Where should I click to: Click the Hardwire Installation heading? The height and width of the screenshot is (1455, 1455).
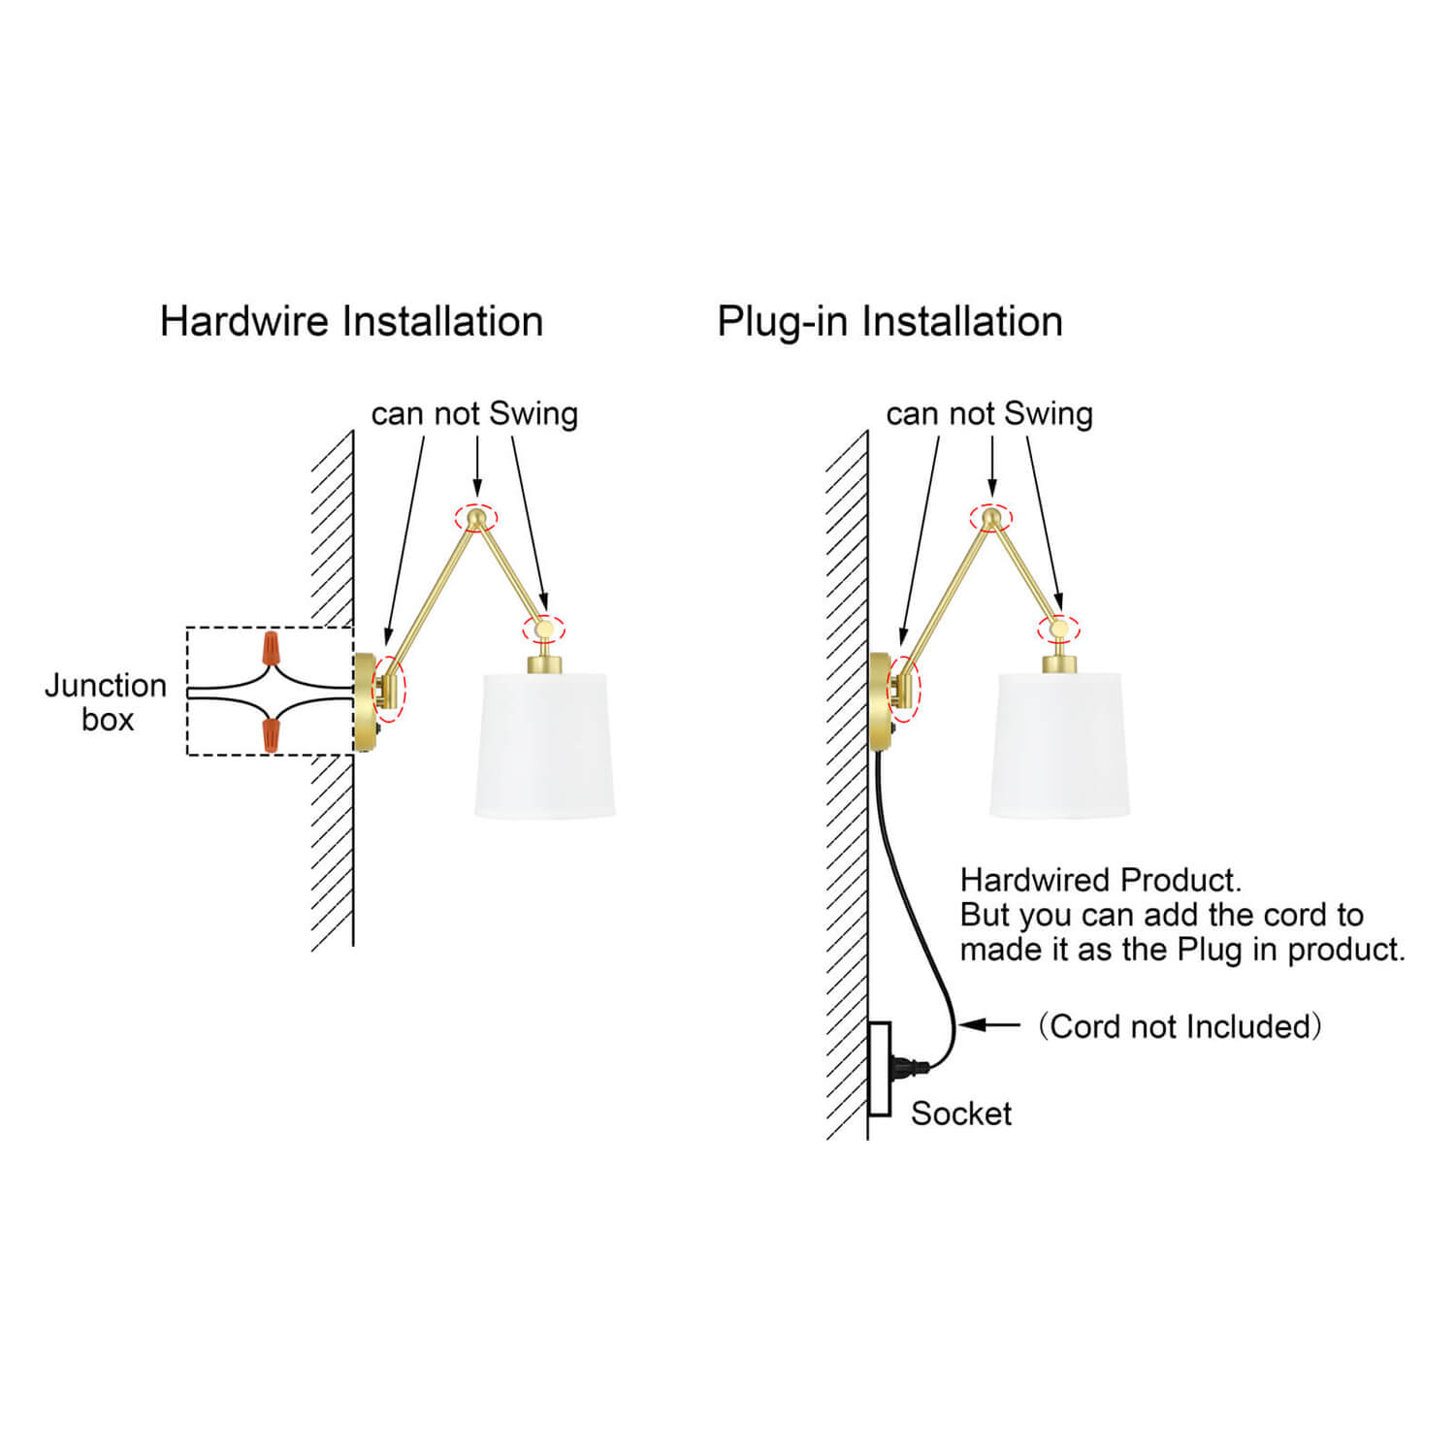[351, 321]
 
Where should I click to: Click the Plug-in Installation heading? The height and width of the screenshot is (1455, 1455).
[889, 321]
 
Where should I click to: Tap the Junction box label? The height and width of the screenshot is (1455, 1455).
[106, 702]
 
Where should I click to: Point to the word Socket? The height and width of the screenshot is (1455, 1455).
[960, 1114]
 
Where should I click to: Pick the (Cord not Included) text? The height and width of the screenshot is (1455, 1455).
[1180, 1026]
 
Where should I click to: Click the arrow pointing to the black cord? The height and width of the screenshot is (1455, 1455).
[989, 1024]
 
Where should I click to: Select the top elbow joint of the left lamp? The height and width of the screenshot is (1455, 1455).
[475, 519]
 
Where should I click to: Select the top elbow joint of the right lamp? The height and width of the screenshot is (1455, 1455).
[990, 519]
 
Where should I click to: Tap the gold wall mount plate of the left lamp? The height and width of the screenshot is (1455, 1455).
[365, 700]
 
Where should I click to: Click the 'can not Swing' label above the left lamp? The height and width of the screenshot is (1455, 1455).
[474, 413]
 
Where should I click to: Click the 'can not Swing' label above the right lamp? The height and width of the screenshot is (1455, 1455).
[989, 413]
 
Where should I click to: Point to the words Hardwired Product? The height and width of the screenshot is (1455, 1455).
[1100, 880]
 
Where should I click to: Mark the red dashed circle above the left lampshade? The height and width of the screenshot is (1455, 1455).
[543, 629]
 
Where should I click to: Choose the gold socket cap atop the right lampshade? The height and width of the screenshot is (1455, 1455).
[1059, 664]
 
